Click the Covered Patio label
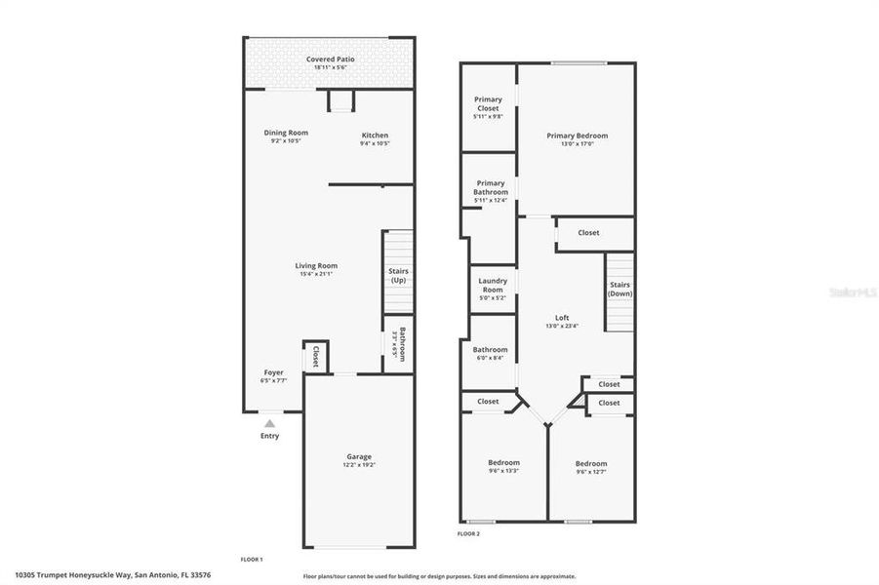pos(329,58)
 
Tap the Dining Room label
pos(286,133)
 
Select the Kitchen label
pos(375,136)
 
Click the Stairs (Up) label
pos(398,276)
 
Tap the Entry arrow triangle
pos(269,423)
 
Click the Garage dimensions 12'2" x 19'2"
pos(359,465)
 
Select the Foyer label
pos(274,372)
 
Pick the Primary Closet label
pos(488,103)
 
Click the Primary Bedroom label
pos(577,136)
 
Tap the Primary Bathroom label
pos(491,187)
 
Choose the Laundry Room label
pos(493,285)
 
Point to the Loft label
pos(562,318)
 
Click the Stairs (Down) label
pos(620,289)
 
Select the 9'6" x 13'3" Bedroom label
pos(503,462)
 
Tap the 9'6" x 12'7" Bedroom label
pos(591,464)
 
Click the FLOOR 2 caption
pos(468,533)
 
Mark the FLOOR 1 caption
pos(252,559)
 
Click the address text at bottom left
pos(112,575)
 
